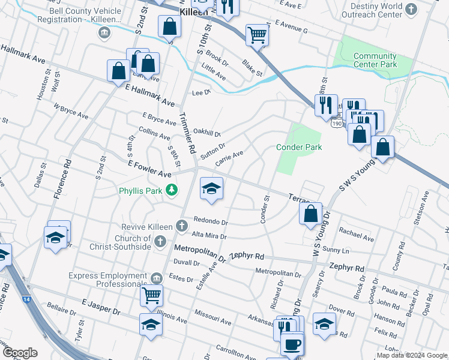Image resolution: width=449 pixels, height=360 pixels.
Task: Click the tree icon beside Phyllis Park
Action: point(172,190)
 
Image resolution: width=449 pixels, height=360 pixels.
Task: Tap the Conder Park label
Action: point(298,147)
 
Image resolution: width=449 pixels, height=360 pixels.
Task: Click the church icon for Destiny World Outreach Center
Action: point(411,9)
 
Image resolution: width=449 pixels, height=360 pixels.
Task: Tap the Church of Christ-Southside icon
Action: point(160,241)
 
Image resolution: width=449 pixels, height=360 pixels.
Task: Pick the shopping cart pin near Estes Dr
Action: point(151,295)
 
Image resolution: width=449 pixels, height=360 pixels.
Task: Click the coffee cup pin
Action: point(292,344)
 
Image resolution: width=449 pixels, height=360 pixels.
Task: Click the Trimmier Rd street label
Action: point(187,133)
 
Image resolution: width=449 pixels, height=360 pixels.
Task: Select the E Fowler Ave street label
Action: point(149,169)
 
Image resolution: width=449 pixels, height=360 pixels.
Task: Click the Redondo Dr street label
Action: point(210,222)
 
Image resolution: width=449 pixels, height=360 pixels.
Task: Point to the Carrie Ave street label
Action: point(229,158)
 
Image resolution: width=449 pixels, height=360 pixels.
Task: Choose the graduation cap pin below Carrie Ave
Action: point(211,189)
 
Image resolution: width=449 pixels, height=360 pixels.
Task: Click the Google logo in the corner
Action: point(20,353)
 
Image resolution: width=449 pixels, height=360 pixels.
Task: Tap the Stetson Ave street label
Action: point(425,208)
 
